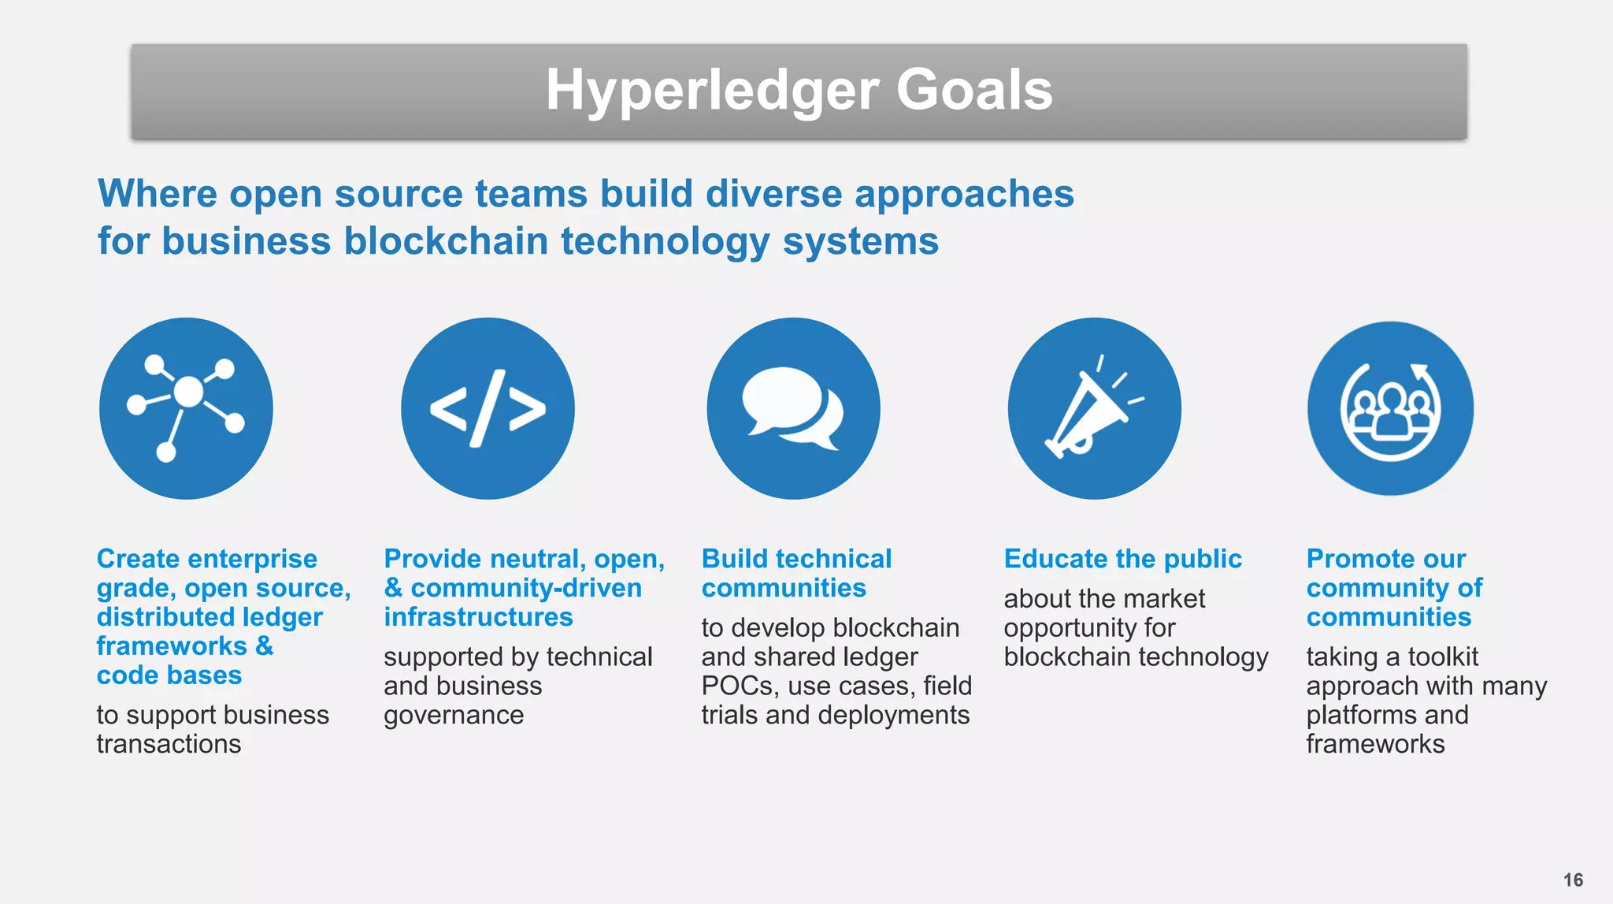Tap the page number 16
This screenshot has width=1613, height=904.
coord(1573,880)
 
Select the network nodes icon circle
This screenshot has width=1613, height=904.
coord(186,408)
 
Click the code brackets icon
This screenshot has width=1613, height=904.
coord(488,408)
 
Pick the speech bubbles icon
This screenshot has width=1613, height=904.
coord(793,408)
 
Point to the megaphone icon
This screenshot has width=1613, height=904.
coord(1094,408)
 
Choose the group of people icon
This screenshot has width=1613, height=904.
coord(1390,408)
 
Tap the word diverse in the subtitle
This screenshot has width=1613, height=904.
coord(773,194)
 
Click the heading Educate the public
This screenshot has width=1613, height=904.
coord(1122,559)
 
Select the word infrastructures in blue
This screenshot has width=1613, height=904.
coord(478,617)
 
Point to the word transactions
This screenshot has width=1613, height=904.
coord(169,744)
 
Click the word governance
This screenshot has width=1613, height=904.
coord(454,715)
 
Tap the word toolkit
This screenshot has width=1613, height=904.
coord(1443,657)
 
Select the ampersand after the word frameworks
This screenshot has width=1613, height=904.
coord(265,646)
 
